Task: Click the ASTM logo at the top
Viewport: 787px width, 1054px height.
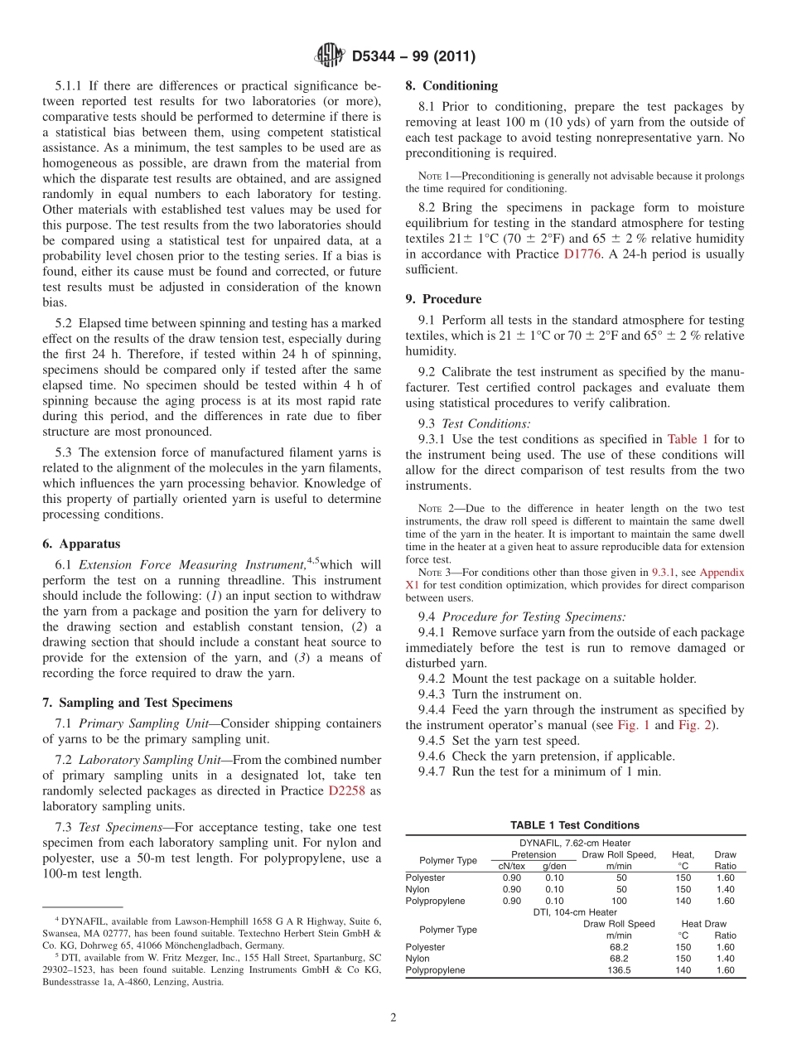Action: pyautogui.click(x=330, y=56)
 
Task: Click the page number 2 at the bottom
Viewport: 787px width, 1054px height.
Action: pyautogui.click(x=393, y=1018)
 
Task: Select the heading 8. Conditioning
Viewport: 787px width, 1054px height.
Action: pyautogui.click(x=451, y=85)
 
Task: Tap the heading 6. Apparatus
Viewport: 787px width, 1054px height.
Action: pyautogui.click(x=81, y=544)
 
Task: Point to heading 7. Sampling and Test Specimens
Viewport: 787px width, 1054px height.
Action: pyautogui.click(x=138, y=703)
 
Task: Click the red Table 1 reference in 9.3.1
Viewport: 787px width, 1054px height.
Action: pyautogui.click(x=688, y=440)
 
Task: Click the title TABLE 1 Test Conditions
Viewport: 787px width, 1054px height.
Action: pyautogui.click(x=575, y=825)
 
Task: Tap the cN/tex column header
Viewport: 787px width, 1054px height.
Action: pyautogui.click(x=512, y=866)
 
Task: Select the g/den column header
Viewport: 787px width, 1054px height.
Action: pyautogui.click(x=554, y=866)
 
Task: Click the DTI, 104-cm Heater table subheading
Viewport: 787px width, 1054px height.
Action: pyautogui.click(x=575, y=912)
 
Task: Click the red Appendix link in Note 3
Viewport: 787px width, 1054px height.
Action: pyautogui.click(x=722, y=573)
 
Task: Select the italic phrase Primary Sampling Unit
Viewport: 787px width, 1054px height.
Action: pyautogui.click(x=143, y=723)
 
